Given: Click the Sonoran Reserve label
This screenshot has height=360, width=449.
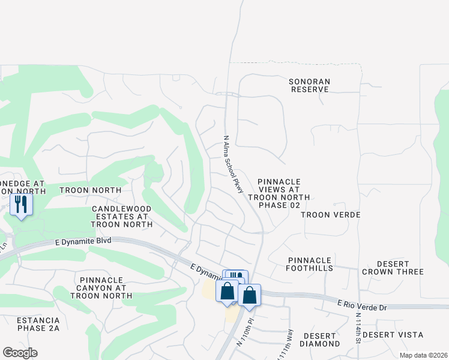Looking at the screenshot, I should tap(309, 85).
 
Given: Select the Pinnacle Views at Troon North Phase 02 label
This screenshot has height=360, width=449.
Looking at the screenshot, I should tap(278, 193).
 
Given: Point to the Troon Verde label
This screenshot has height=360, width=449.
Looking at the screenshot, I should tap(330, 215).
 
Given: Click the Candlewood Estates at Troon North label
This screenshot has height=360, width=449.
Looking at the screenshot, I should tap(121, 217).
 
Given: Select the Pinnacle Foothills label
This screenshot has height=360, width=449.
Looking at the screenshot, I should tap(310, 264).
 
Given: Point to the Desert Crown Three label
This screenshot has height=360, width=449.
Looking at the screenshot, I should tap(393, 268).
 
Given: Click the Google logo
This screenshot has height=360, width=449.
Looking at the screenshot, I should tap(20, 353).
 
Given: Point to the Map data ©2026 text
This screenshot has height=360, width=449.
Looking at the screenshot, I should tap(423, 355).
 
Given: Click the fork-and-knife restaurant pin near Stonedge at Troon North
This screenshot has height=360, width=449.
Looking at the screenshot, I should tap(22, 205).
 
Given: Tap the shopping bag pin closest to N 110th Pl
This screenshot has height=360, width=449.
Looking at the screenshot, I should tap(249, 296).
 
